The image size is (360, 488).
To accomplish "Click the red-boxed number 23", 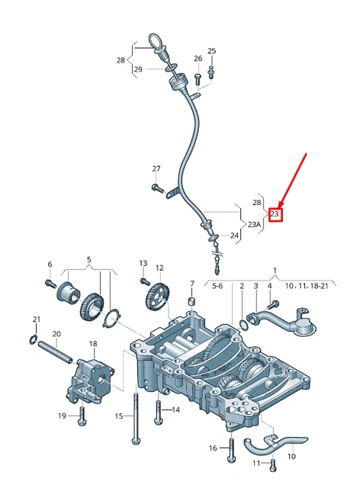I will coord(276,214).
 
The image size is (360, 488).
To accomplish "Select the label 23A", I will coord(254,225).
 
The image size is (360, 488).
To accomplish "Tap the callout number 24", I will coord(234,236).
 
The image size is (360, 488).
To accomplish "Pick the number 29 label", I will coord(138,70).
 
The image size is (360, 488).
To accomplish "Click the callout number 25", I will coord(211,51).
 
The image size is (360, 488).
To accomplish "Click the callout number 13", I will coord(143,263).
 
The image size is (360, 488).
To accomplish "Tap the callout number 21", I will coord(36,319).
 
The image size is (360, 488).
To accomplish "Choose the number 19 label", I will coord(63,416).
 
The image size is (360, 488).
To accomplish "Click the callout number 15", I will coord(119,416).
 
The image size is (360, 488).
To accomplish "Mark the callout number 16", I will coord(213,449).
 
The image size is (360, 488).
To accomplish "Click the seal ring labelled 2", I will coord(243,326).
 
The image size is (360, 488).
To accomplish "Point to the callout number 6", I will coord(50,265).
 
